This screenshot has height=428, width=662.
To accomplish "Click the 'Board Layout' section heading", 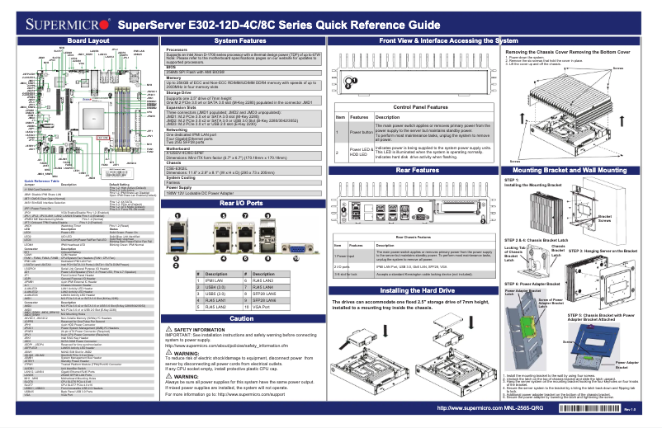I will pos(88,40).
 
